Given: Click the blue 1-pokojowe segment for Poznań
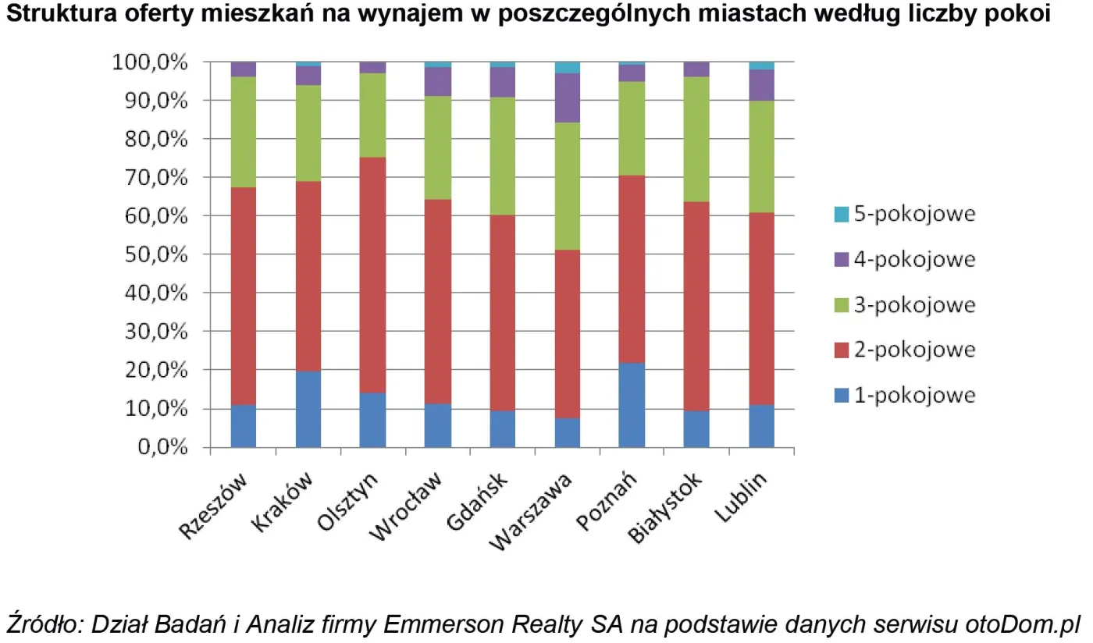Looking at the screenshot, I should click(631, 405).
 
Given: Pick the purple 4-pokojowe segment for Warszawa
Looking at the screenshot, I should click(568, 98).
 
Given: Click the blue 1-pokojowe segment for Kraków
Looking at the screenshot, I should click(308, 409).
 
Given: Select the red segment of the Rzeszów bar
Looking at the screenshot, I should click(243, 297).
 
